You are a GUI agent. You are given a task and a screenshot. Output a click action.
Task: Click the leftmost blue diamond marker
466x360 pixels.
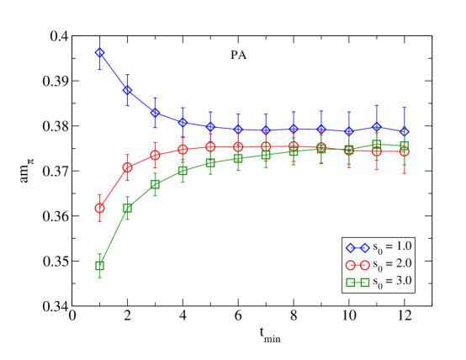tap(99, 53)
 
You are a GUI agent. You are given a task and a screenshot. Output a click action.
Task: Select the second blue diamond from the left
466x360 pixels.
tap(127, 89)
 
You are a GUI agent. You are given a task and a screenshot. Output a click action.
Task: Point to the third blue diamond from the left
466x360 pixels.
tap(155, 112)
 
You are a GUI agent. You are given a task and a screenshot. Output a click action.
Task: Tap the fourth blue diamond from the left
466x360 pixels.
tap(183, 122)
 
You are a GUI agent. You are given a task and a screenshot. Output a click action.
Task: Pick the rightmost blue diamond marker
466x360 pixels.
tap(404, 131)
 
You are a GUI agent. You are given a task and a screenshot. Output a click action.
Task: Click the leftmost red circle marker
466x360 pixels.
tap(99, 208)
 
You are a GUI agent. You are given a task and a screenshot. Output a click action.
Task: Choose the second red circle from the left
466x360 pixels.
tap(127, 167)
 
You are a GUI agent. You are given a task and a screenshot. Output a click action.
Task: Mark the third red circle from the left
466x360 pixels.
tap(155, 155)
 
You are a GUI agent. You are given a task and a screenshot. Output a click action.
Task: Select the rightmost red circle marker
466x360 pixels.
tap(404, 151)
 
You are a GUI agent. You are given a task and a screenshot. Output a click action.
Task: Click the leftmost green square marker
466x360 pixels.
tap(99, 266)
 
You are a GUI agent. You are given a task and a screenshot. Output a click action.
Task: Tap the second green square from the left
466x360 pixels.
tap(127, 208)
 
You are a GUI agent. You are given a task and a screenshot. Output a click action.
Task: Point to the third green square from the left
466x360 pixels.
tap(155, 184)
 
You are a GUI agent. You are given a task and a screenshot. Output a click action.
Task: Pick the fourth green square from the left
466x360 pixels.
tap(183, 171)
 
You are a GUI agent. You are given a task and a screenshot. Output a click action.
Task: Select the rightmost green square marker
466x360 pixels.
tap(404, 146)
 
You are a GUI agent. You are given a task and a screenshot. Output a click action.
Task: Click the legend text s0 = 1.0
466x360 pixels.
tap(392, 247)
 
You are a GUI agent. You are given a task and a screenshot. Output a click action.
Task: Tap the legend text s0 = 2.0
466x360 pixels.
tap(392, 264)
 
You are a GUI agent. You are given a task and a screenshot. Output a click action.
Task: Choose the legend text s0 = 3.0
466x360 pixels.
tap(392, 281)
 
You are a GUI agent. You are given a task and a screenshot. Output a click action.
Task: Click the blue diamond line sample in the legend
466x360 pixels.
tap(357, 248)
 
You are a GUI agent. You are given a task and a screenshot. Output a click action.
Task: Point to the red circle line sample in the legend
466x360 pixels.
tap(357, 265)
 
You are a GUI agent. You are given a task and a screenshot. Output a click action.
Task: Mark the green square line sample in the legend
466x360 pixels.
tap(357, 282)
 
